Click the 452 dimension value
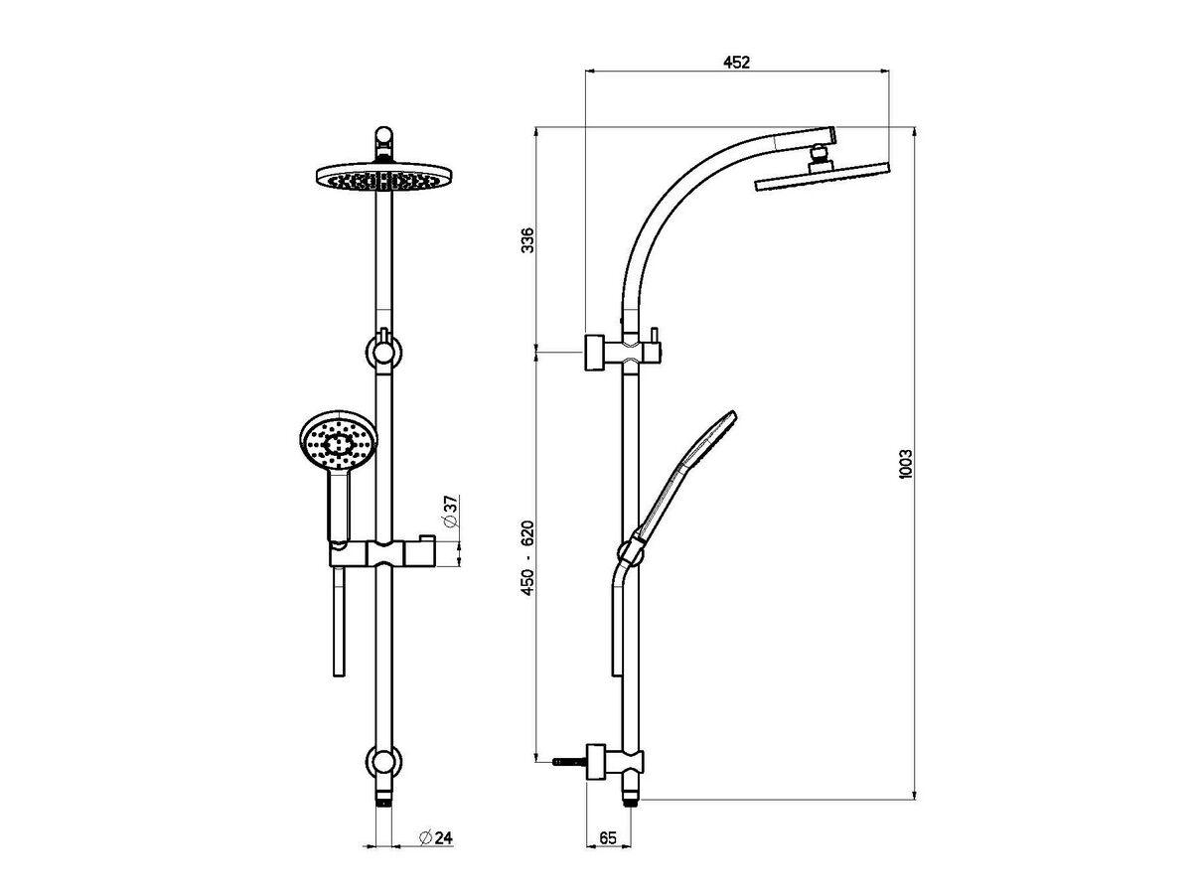click(x=736, y=62)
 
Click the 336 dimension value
click(x=527, y=239)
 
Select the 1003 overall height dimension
click(x=905, y=463)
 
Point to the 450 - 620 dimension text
click(x=527, y=558)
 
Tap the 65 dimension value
click(x=609, y=838)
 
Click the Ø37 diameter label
click(x=449, y=514)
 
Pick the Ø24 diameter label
click(x=437, y=838)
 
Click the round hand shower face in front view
click(x=336, y=443)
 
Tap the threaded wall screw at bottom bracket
click(x=563, y=763)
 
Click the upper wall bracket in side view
click(x=597, y=352)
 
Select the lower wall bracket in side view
click(x=599, y=762)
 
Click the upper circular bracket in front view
click(x=383, y=352)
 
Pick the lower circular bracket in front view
click(x=383, y=761)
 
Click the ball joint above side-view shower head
click(x=818, y=155)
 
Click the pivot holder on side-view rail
click(x=630, y=549)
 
